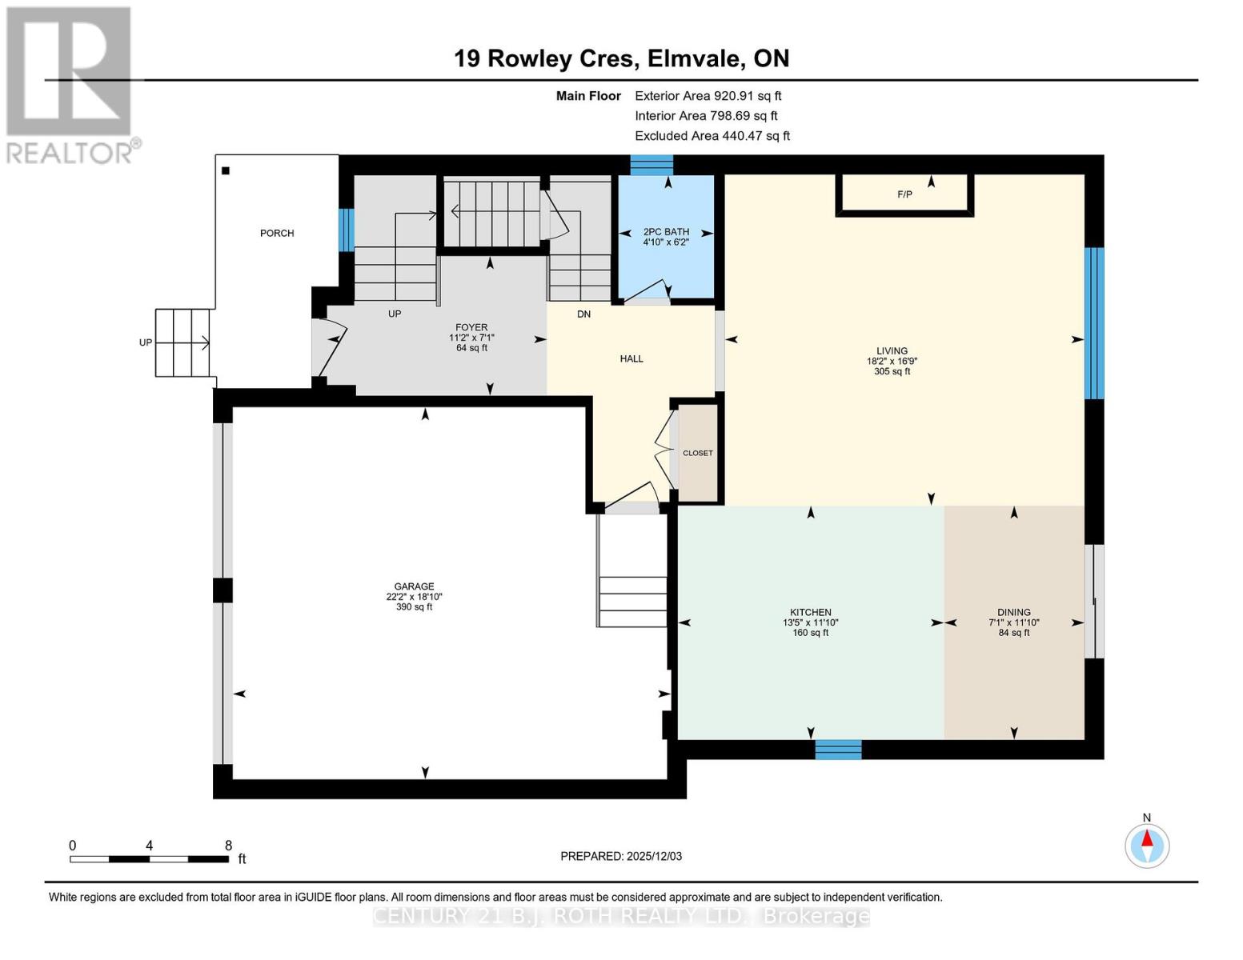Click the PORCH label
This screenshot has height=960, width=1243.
point(277,233)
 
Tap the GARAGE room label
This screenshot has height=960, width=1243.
point(414,586)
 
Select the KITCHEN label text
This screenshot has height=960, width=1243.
point(810,612)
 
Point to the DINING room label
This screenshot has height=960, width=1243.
point(1013,612)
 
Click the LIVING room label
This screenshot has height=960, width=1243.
point(892,350)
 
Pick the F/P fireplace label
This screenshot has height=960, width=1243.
point(904,194)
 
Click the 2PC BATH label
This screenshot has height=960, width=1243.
point(666,232)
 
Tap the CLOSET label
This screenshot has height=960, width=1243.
point(697,453)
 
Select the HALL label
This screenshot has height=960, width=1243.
point(632,358)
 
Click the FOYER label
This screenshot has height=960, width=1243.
point(471,327)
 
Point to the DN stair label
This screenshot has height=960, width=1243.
point(583,314)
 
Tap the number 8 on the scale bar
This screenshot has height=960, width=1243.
point(228,846)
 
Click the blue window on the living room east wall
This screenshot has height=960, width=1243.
point(1094,323)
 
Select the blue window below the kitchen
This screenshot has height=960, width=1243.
point(838,750)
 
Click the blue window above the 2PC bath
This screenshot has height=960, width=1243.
point(652,165)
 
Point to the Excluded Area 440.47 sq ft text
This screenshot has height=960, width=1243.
point(712,136)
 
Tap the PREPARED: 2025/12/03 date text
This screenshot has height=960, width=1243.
point(621,856)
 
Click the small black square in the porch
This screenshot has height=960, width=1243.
point(226,170)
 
